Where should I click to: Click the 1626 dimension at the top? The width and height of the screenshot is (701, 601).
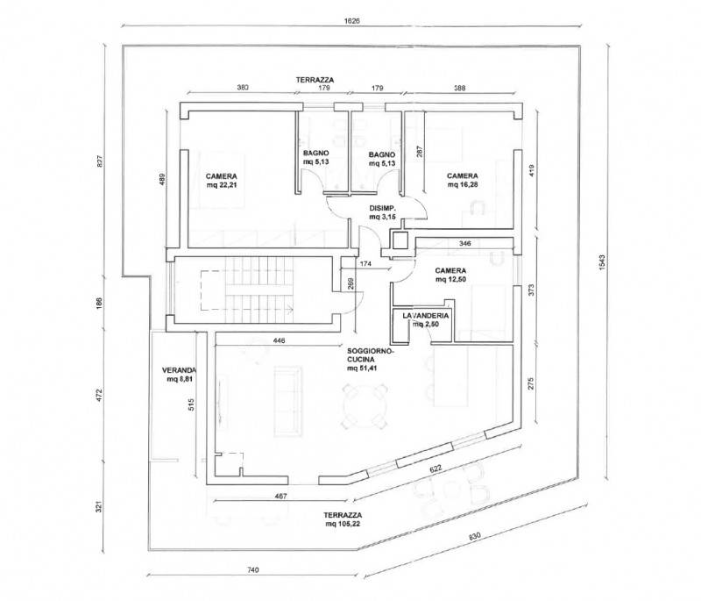pos(352,20)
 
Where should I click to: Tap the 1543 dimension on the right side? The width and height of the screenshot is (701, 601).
pos(601,262)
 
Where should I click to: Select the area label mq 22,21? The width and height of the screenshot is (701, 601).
pos(222,185)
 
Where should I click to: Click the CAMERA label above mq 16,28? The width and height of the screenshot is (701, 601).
pos(463,175)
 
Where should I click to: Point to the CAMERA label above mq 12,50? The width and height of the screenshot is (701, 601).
pos(450,271)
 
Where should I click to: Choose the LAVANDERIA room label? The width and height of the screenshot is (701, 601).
pos(426,316)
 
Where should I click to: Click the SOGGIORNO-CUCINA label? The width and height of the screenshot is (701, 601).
pos(369,354)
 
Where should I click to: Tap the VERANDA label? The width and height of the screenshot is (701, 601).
pos(179,370)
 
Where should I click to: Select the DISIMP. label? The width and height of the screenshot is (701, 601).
pos(383,208)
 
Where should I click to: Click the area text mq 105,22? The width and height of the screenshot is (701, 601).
pos(343,524)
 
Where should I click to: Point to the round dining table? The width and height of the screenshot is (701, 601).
pos(365,406)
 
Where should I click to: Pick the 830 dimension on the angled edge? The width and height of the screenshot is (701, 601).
pos(475,536)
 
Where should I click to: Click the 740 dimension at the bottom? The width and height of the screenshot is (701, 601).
pos(252,570)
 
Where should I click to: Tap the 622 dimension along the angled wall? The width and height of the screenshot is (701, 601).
pos(435,469)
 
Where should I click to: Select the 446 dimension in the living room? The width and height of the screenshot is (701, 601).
pos(279,340)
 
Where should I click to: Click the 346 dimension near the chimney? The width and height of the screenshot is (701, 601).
pos(465,244)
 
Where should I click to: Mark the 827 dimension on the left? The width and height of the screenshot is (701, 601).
pos(100,161)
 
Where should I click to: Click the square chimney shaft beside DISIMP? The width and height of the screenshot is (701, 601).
pos(400,240)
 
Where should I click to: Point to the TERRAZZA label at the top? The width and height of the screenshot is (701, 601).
pos(315,80)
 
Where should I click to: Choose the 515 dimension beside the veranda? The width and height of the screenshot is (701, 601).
pos(191,405)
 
